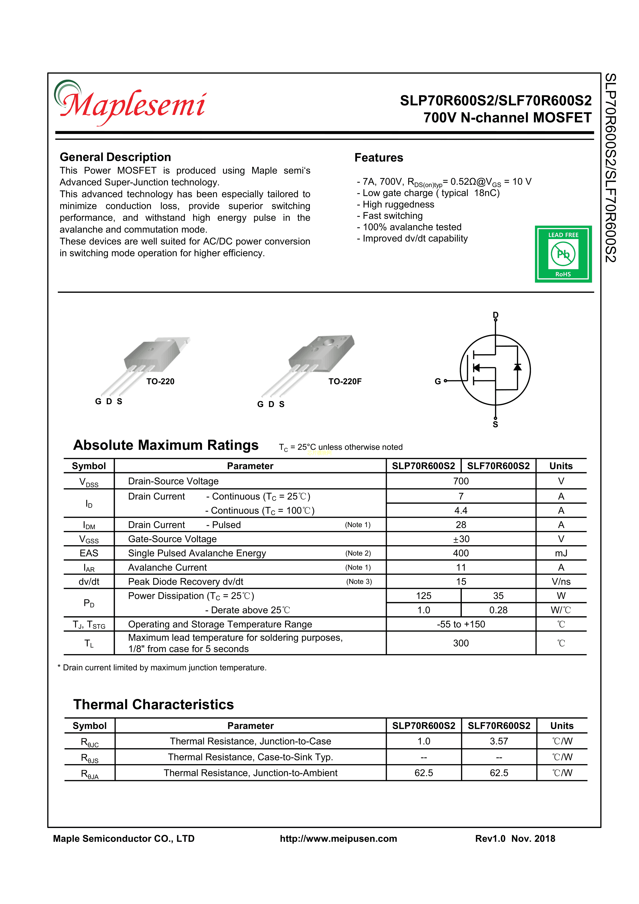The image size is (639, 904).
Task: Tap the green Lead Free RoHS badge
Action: click(563, 254)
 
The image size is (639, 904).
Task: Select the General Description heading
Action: click(115, 157)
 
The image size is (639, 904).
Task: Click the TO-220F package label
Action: click(345, 381)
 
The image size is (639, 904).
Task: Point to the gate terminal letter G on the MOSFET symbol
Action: click(437, 381)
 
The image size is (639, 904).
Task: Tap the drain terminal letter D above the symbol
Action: click(495, 315)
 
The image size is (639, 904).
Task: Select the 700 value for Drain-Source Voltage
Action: click(461, 481)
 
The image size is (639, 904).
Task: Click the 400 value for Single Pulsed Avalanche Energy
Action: click(461, 553)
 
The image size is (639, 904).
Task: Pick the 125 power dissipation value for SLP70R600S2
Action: click(424, 596)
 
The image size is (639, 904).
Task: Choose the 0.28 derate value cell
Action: click(498, 610)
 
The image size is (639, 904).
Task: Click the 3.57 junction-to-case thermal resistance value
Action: click(499, 741)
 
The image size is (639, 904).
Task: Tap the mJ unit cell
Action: click(561, 553)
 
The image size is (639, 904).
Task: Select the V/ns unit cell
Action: click(561, 581)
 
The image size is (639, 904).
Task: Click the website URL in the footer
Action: click(338, 839)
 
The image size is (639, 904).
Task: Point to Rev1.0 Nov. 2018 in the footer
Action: click(515, 839)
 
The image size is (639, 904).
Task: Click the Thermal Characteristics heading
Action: click(154, 704)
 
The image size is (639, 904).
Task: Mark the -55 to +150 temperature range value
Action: click(461, 624)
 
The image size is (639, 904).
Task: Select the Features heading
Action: click(379, 157)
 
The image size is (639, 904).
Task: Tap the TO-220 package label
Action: click(160, 381)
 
